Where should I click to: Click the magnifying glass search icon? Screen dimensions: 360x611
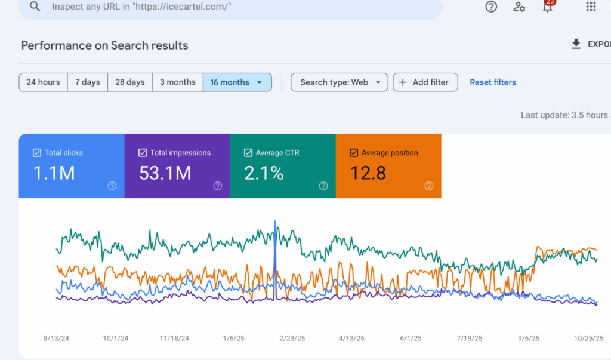pos(35,7)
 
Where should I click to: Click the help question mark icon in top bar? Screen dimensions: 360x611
pos(491,7)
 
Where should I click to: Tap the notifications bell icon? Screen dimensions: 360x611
pos(547,7)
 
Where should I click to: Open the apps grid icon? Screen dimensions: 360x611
pos(591,7)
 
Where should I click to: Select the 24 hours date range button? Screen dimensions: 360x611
pos(43,82)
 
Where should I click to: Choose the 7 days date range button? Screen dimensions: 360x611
pos(87,82)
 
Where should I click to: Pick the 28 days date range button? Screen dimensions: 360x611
pos(130,82)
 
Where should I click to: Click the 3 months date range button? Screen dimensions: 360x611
pos(178,82)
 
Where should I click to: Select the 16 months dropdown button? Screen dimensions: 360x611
pos(237,82)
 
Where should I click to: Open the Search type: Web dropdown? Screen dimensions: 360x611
pos(340,82)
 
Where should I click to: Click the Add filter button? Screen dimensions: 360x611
pos(425,82)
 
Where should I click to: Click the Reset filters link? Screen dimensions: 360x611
pos(493,82)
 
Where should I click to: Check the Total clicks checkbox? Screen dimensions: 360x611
pos(36,153)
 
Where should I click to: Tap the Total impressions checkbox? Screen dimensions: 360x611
pos(142,153)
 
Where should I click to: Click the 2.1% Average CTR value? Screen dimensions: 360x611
pos(263,173)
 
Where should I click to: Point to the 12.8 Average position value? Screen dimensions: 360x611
pos(368,173)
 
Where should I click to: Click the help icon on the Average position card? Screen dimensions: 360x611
pos(428,186)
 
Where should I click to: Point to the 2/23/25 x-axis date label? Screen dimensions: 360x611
pos(292,338)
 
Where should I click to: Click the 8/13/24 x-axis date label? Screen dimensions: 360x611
pos(56,338)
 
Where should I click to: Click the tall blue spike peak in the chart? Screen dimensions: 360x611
pos(275,223)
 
